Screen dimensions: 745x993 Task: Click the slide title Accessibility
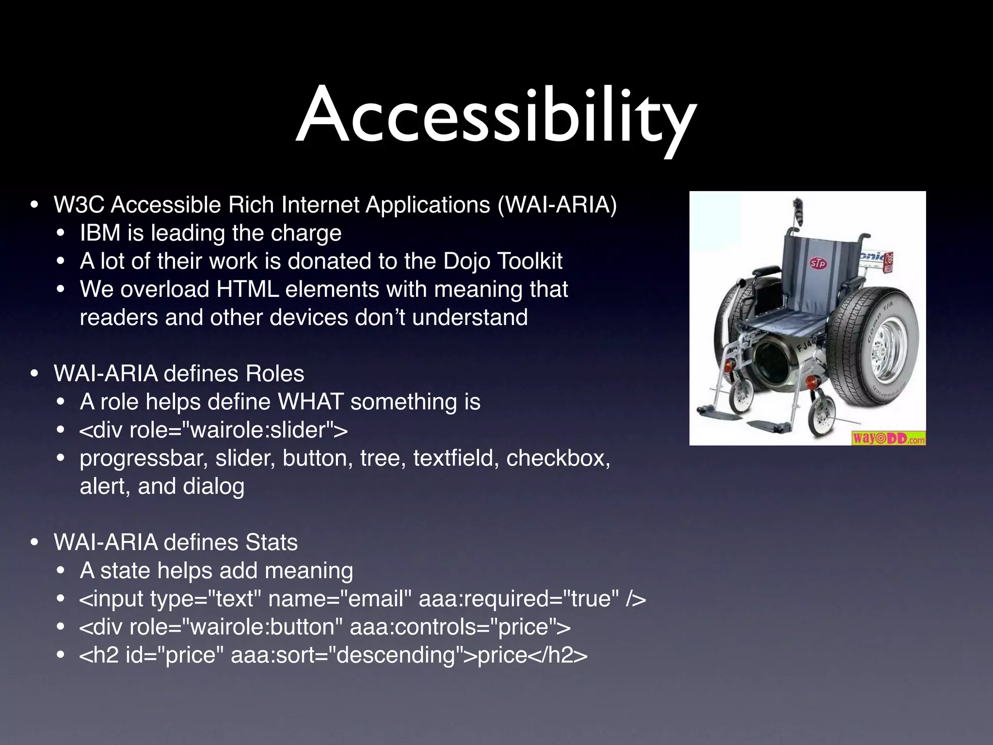point(496,116)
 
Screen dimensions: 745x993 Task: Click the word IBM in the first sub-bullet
point(100,233)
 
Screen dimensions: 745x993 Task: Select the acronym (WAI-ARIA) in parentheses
point(557,205)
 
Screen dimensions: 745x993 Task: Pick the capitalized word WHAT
point(310,402)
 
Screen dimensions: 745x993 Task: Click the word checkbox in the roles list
point(558,458)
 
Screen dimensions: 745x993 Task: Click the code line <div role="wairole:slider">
point(213,430)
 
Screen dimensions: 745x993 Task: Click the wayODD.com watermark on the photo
point(888,438)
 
